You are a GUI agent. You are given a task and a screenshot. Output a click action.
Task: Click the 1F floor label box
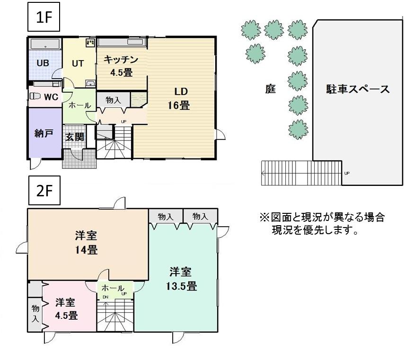(x=44, y=18)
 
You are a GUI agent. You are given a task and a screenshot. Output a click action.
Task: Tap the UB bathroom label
(x=43, y=63)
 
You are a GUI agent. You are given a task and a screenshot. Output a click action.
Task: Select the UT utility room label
(x=78, y=63)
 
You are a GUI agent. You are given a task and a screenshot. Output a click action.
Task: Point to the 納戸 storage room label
(x=44, y=133)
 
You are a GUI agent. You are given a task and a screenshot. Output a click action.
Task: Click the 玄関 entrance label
(x=74, y=137)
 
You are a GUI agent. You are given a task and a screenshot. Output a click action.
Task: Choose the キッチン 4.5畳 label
(x=121, y=65)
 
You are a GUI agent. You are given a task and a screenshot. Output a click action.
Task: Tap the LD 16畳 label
(x=178, y=98)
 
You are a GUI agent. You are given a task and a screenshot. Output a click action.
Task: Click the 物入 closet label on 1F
(x=113, y=100)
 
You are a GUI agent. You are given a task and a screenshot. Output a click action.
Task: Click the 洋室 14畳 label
(x=86, y=242)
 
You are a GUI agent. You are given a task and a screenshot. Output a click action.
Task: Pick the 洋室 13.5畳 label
(x=180, y=279)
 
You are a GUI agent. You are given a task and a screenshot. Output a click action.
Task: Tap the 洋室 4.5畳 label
(x=66, y=308)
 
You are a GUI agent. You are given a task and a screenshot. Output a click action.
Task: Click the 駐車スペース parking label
(x=358, y=89)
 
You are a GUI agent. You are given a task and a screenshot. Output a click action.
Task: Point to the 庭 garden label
(x=270, y=89)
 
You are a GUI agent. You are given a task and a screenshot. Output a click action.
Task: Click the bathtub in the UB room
(x=45, y=44)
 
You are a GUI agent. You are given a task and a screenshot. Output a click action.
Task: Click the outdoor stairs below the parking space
(x=301, y=173)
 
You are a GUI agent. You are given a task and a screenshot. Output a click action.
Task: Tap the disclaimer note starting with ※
(x=322, y=224)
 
